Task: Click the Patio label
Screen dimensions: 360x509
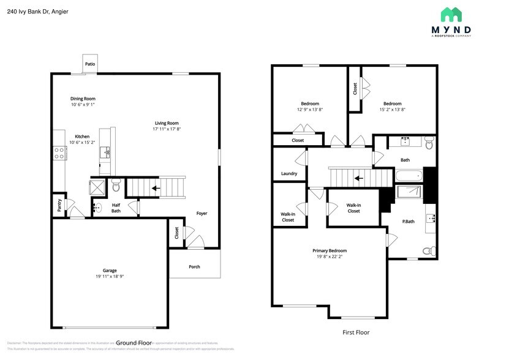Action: (x=90, y=64)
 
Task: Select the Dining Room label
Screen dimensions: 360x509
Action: (x=83, y=99)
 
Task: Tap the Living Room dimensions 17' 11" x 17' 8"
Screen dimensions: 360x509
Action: (x=167, y=129)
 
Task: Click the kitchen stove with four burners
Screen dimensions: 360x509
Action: (x=60, y=153)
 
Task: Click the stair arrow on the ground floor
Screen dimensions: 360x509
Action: (x=156, y=188)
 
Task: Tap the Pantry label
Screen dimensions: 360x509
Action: (x=59, y=204)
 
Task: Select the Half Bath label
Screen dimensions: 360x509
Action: (x=116, y=208)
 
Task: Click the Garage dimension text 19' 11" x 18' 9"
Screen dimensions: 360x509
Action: (x=110, y=277)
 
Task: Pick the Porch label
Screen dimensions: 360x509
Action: (x=194, y=266)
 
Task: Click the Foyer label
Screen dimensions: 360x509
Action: (x=202, y=213)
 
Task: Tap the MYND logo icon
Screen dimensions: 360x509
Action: (x=451, y=15)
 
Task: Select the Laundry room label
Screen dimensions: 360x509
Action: (x=289, y=173)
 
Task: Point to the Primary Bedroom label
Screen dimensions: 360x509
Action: (x=330, y=250)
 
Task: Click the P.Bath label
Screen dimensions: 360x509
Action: (x=409, y=221)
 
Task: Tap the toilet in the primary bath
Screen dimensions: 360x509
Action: (x=431, y=250)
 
